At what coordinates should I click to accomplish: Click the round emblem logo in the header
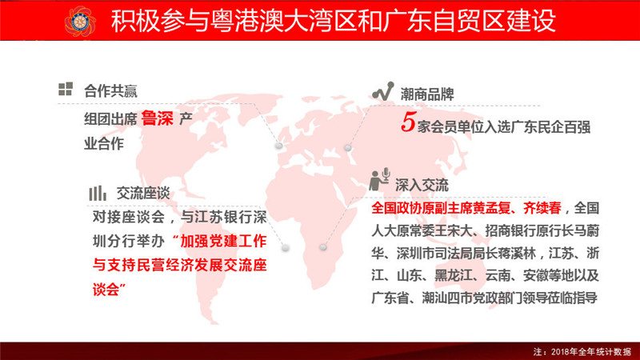pyautogui.click(x=80, y=22)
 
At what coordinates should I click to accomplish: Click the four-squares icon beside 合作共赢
pyautogui.click(x=66, y=89)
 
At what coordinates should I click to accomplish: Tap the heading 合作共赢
pyautogui.click(x=110, y=91)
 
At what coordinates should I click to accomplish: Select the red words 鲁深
pyautogui.click(x=157, y=118)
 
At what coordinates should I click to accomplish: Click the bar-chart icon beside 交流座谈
pyautogui.click(x=98, y=193)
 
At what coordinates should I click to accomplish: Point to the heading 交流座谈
pyautogui.click(x=143, y=194)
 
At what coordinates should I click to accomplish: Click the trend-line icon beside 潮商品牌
pyautogui.click(x=383, y=91)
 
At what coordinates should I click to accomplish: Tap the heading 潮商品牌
pyautogui.click(x=427, y=94)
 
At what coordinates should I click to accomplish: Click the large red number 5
pyautogui.click(x=408, y=122)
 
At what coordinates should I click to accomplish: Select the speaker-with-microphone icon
pyautogui.click(x=379, y=179)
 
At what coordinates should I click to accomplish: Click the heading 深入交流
pyautogui.click(x=422, y=186)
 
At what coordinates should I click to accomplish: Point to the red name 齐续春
pyautogui.click(x=542, y=208)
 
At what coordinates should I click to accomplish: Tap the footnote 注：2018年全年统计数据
pyautogui.click(x=582, y=351)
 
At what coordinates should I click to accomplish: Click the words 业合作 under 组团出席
pyautogui.click(x=104, y=143)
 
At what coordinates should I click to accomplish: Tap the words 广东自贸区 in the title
pyautogui.click(x=444, y=21)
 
